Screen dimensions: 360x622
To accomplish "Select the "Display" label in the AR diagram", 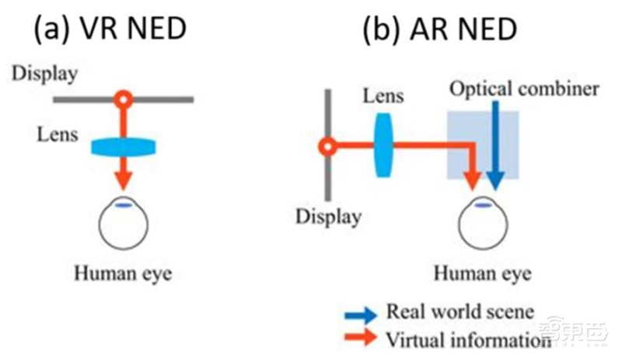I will (327, 215).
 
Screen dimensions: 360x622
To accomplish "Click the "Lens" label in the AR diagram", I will (383, 96).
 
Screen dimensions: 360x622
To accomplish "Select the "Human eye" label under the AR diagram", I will (482, 274).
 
